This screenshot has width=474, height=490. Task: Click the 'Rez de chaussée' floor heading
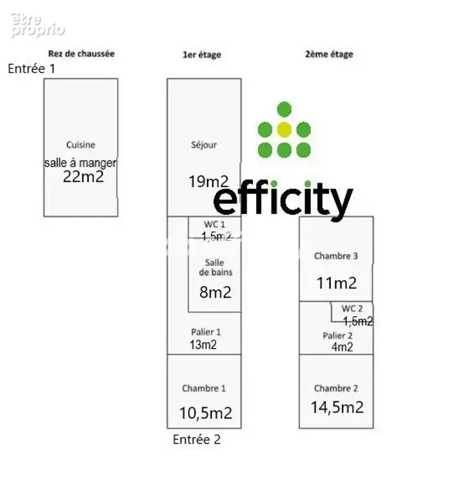coord(81,54)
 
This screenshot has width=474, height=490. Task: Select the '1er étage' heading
coord(202,55)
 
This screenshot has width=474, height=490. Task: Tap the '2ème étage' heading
coord(329,54)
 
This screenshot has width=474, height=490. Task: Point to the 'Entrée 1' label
coord(31,68)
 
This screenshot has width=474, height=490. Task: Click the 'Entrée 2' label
coord(197,440)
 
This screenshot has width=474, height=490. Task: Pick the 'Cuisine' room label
coord(81,145)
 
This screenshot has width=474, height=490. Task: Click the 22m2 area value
coord(83,177)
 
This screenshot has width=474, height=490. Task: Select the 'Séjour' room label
coord(204,145)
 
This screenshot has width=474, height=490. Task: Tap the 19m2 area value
coord(208,181)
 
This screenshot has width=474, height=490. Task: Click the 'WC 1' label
coord(215,225)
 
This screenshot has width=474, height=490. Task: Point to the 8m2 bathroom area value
coord(215,292)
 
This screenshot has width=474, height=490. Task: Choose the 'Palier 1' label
coord(206,332)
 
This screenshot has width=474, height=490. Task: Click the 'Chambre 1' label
coord(204,389)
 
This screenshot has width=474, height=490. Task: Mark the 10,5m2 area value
coord(206,413)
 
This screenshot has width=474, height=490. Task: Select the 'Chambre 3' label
coord(336,256)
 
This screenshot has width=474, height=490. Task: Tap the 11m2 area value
coord(337,283)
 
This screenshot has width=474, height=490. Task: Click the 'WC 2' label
coord(352,309)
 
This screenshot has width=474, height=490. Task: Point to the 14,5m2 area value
coord(337,407)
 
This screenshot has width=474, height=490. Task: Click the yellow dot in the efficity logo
coord(284,130)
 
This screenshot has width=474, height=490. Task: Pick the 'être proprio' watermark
coord(38,25)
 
